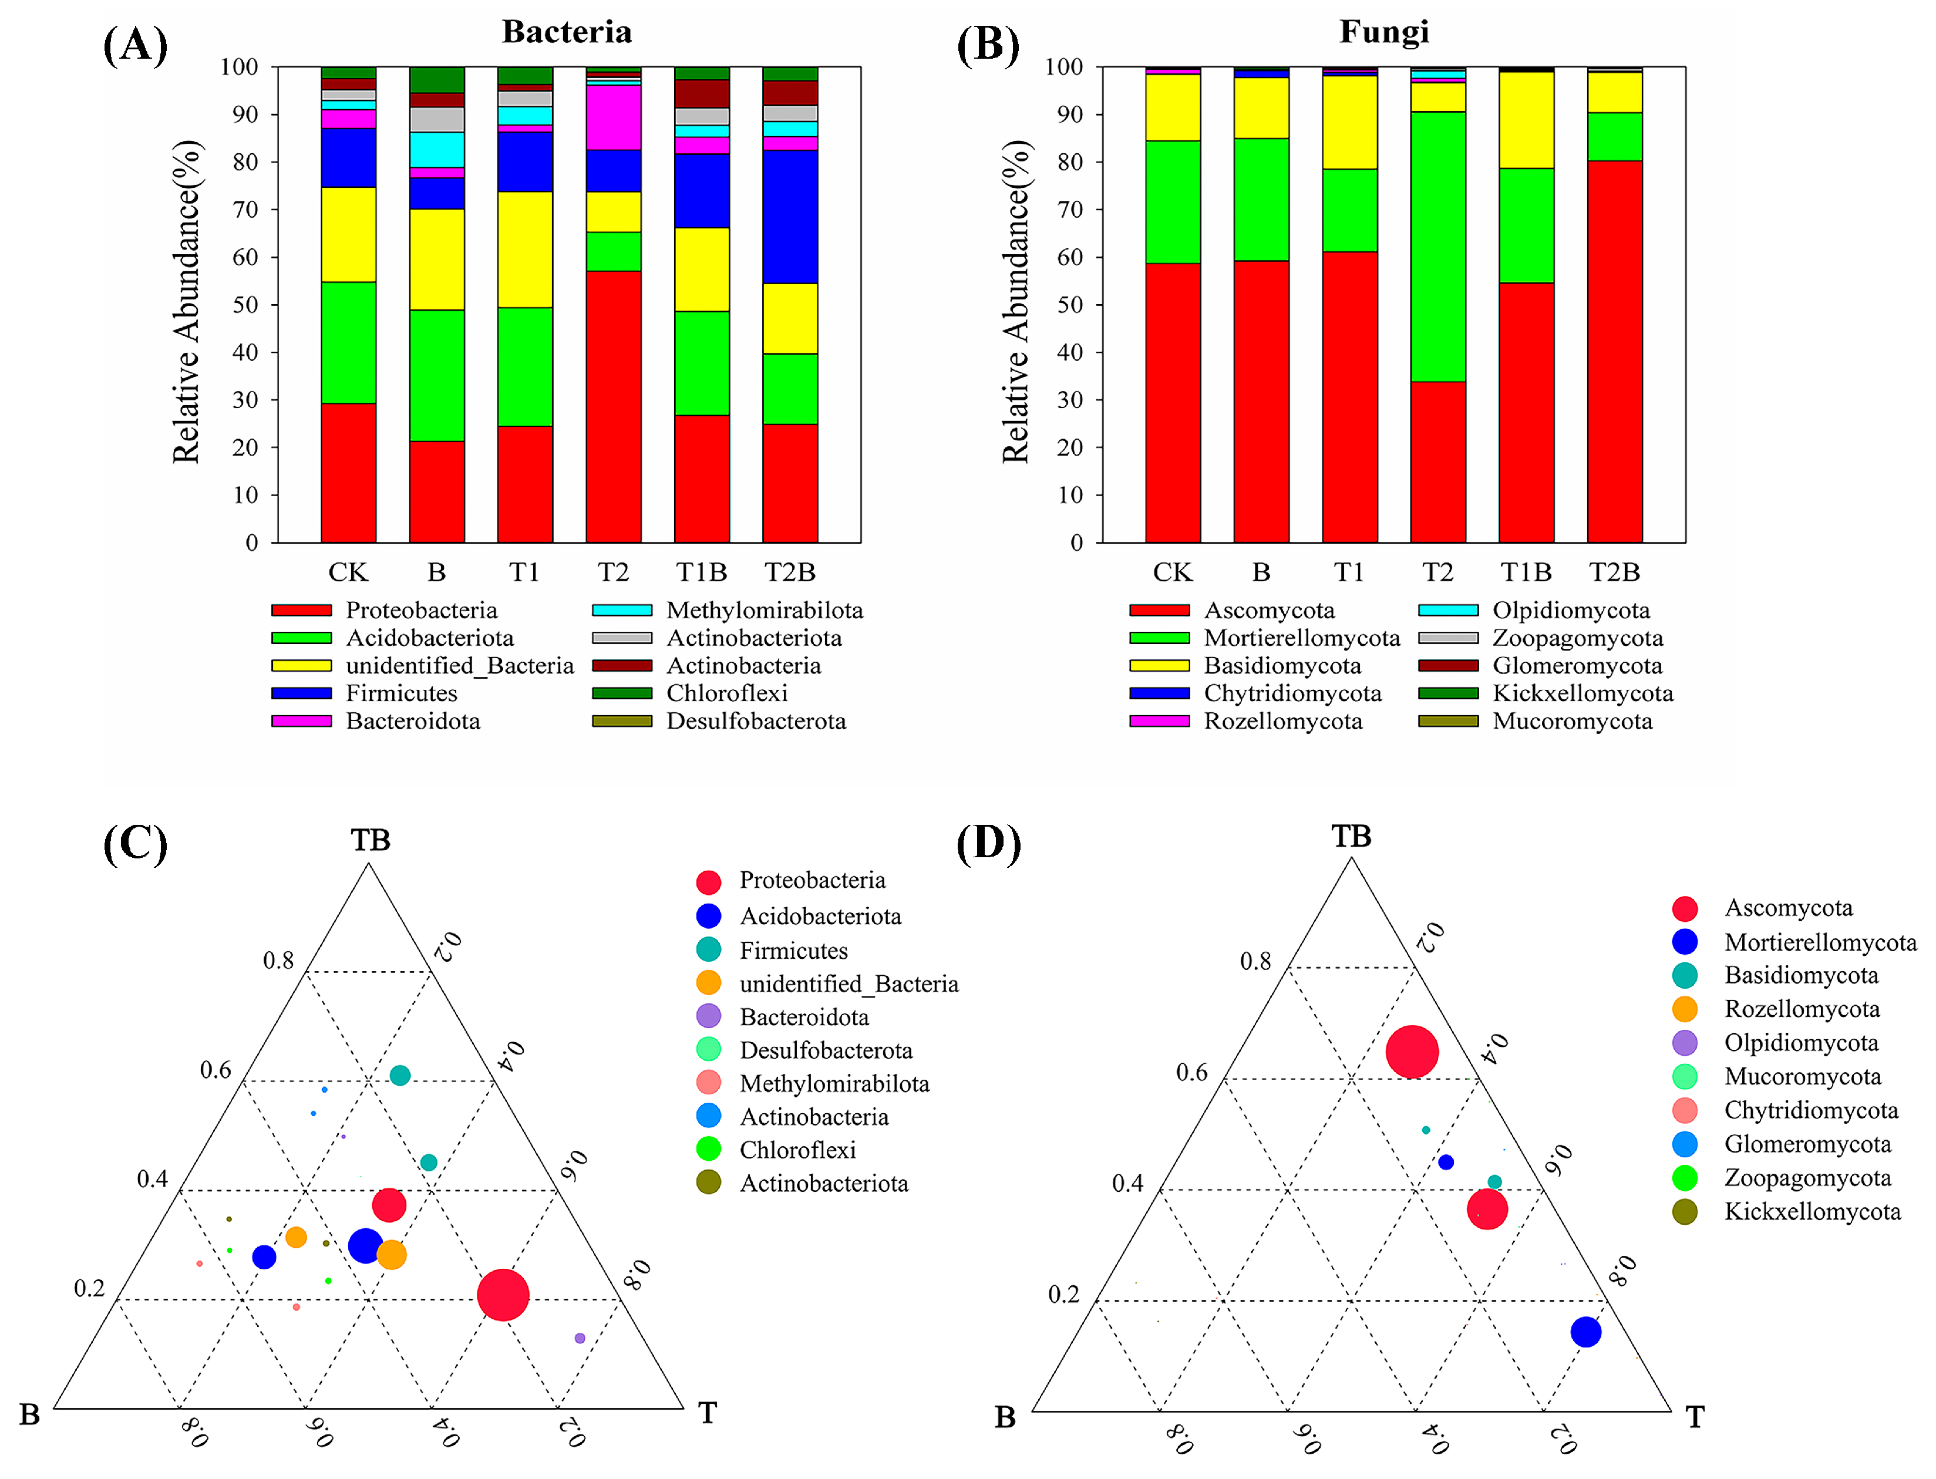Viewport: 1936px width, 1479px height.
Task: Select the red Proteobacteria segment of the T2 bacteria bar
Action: tap(613, 405)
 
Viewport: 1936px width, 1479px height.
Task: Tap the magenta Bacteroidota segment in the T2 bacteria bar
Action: tap(613, 117)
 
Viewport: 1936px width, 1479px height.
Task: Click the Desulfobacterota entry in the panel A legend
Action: tap(755, 721)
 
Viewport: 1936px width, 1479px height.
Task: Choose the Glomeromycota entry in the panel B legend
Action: tap(1576, 666)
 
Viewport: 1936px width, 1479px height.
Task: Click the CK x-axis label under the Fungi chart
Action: tap(1172, 572)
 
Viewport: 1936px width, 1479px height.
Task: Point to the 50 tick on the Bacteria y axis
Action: tap(245, 305)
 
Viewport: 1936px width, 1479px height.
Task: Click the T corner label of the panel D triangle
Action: tap(1694, 1417)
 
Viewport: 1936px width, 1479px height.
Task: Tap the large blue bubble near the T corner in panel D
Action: tap(1585, 1331)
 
